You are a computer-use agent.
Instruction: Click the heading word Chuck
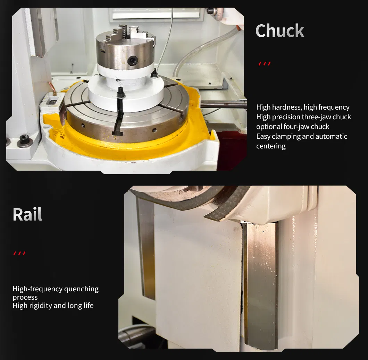279,31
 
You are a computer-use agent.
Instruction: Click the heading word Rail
27,214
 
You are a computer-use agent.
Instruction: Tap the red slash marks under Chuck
265,63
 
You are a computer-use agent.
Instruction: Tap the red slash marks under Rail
19,253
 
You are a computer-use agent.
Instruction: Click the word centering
271,146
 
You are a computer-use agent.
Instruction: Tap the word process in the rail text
25,297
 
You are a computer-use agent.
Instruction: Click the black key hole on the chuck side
132,60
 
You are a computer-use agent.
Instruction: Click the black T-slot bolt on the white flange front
120,92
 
